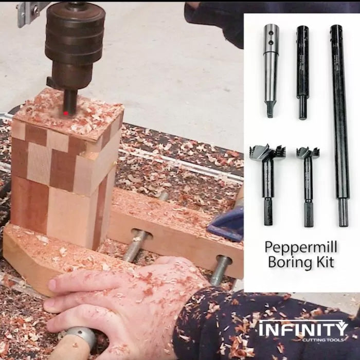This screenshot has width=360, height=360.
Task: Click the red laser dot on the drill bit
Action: pyautogui.click(x=66, y=112)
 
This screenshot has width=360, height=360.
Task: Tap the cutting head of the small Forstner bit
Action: pyautogui.click(x=307, y=153)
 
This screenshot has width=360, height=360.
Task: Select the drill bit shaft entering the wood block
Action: pyautogui.click(x=69, y=99)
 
